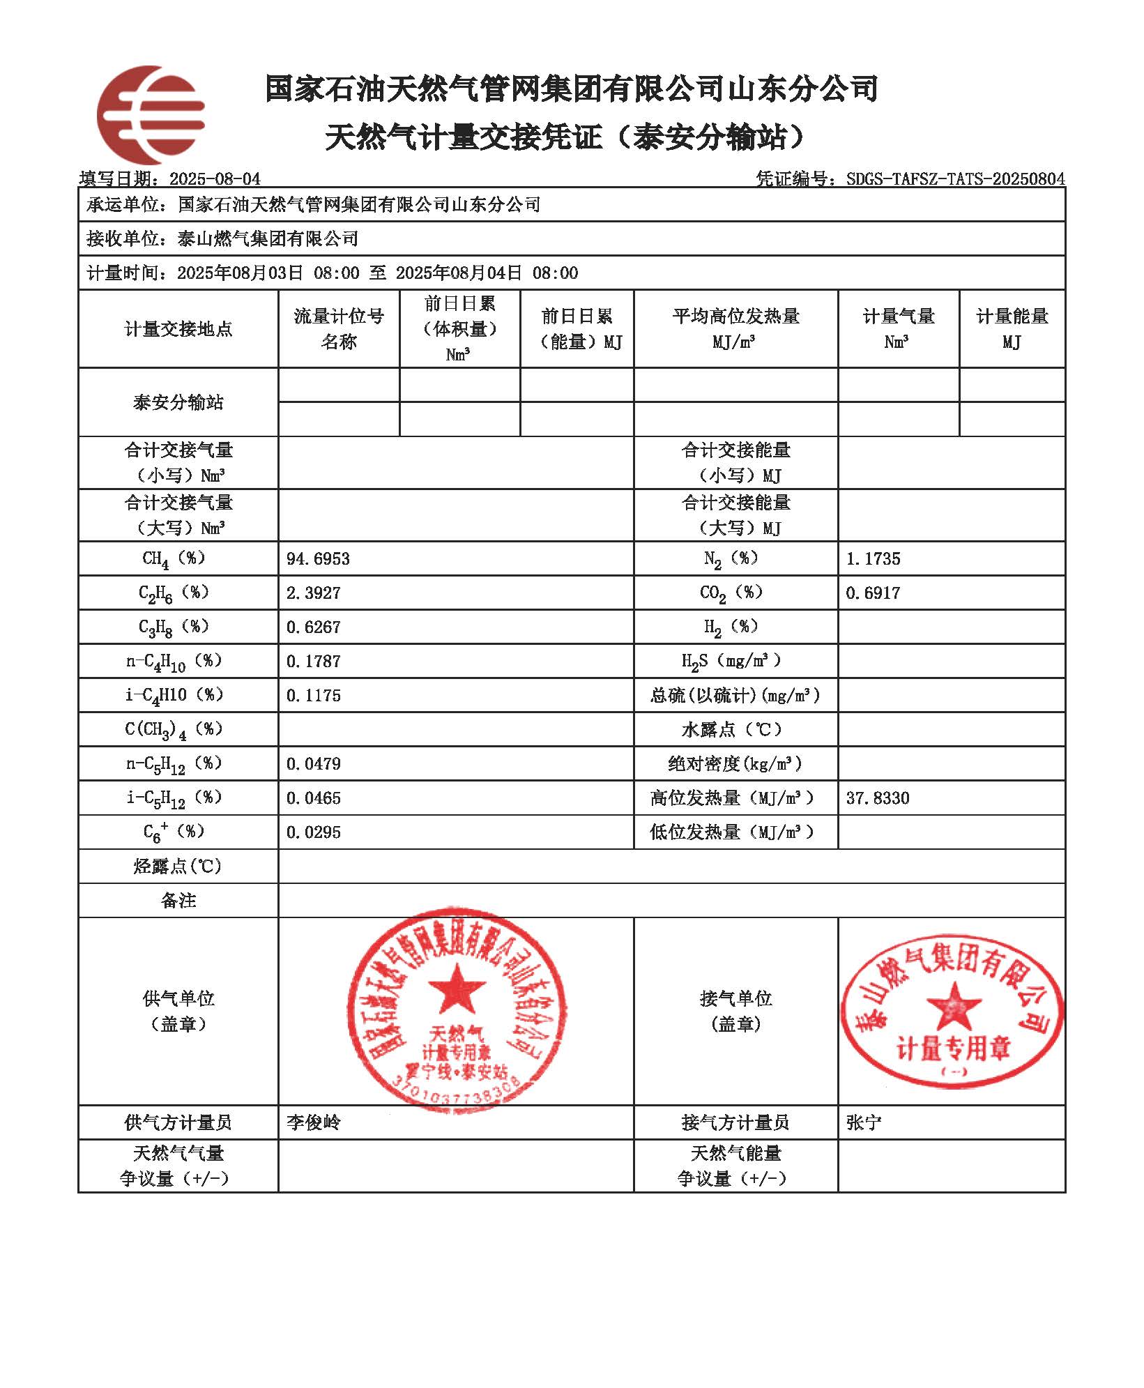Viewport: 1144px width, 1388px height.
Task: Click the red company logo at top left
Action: click(x=150, y=115)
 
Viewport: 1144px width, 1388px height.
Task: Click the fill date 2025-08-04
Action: click(x=215, y=179)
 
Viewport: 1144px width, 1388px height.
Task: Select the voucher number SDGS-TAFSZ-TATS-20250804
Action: click(x=955, y=179)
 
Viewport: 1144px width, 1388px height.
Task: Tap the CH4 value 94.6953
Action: click(x=318, y=559)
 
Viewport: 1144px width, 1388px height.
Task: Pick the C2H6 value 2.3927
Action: click(x=313, y=593)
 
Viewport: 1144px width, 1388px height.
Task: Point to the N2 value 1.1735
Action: click(x=873, y=559)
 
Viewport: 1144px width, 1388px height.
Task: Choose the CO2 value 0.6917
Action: click(x=873, y=593)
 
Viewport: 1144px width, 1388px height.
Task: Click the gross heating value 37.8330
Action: click(x=877, y=798)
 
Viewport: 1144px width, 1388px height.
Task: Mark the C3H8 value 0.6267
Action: click(x=313, y=627)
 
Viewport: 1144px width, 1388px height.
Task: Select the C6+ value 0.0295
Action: click(x=313, y=832)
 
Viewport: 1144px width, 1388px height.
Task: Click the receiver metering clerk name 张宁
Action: click(x=863, y=1122)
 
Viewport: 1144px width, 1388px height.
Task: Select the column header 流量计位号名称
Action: click(x=339, y=329)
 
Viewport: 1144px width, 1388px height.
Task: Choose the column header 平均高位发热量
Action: click(x=735, y=329)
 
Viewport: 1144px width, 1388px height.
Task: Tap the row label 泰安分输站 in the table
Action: click(x=178, y=403)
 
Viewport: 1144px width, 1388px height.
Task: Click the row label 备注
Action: click(x=178, y=901)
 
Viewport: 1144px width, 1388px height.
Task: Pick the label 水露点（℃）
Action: click(x=735, y=730)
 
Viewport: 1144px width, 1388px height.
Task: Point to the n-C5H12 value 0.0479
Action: click(x=313, y=764)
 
